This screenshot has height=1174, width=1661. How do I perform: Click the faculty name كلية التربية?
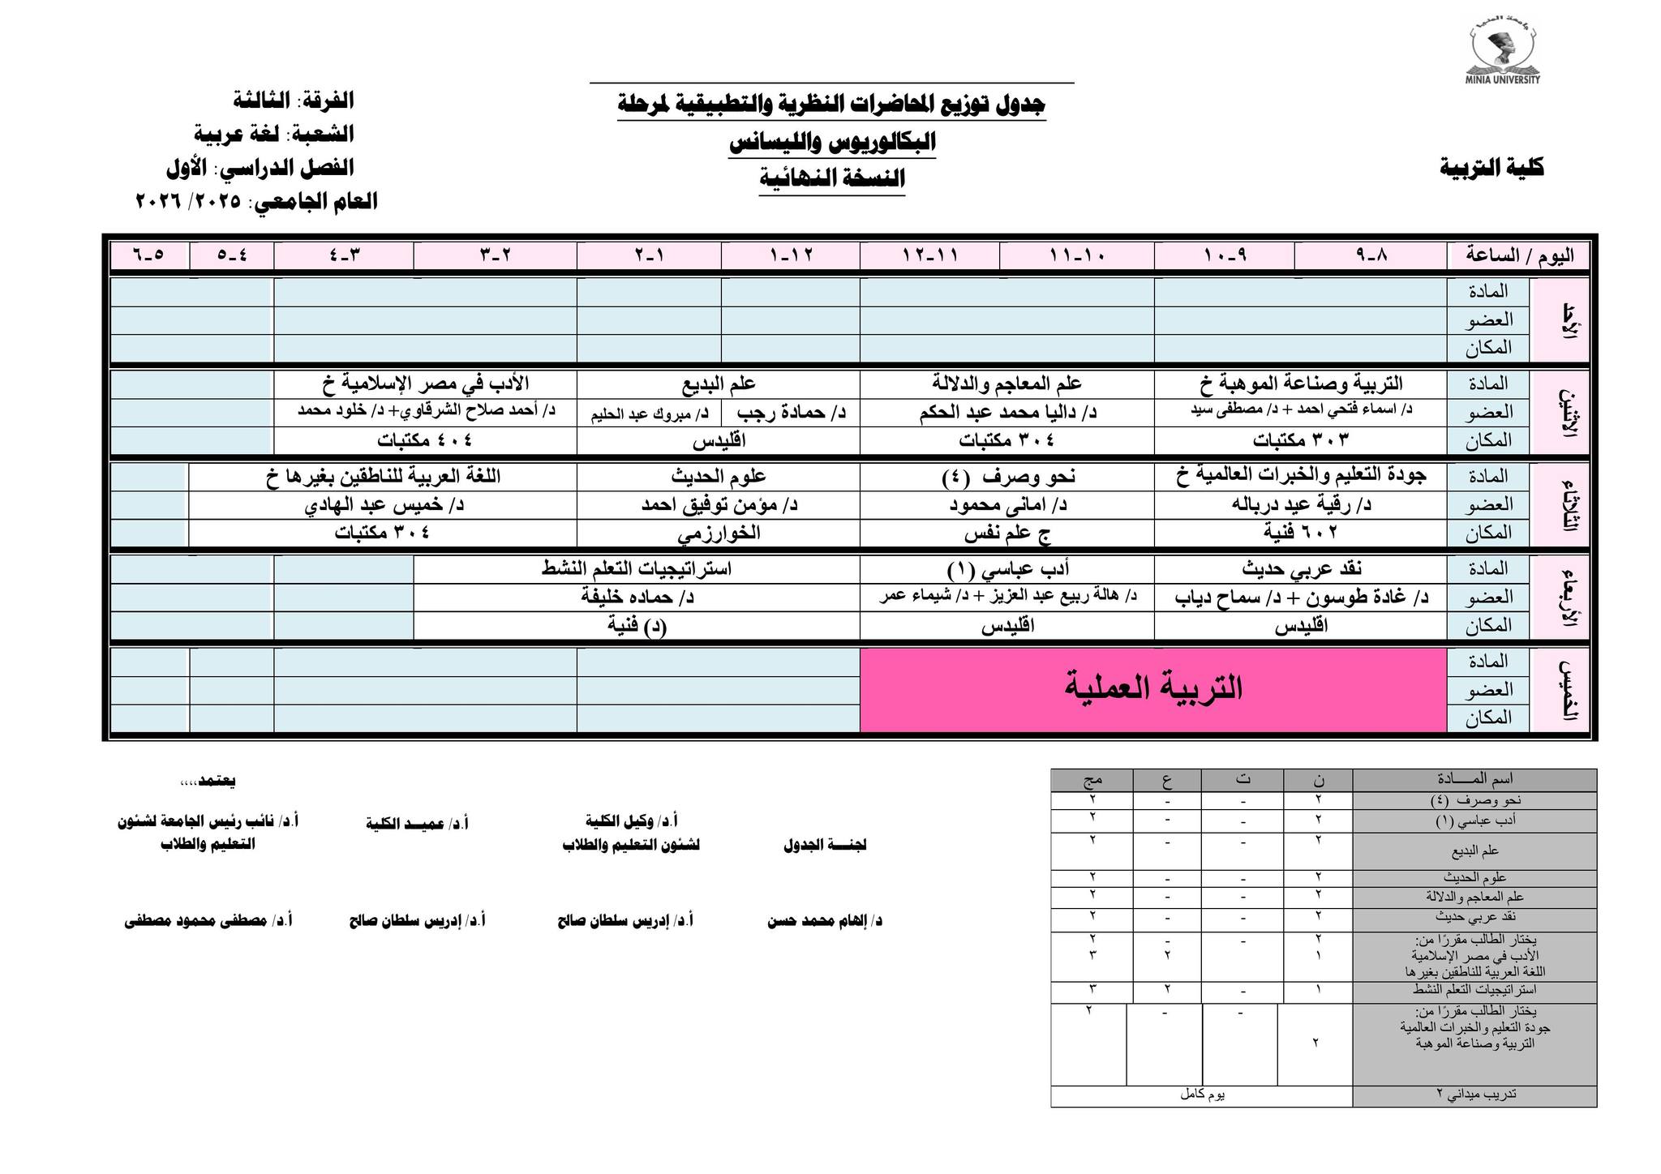pyautogui.click(x=1492, y=168)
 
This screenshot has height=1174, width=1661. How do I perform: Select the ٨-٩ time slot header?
pyautogui.click(x=1371, y=255)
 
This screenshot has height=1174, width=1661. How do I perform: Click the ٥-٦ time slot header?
pyautogui.click(x=149, y=255)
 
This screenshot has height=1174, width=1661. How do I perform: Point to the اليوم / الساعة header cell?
pyautogui.click(x=1518, y=255)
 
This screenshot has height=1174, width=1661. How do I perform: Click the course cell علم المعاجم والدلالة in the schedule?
pyautogui.click(x=1006, y=383)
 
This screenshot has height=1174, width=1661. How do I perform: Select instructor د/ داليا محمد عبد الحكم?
pyautogui.click(x=1006, y=412)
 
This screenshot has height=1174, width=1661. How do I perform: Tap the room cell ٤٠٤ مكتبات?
pyautogui.click(x=424, y=440)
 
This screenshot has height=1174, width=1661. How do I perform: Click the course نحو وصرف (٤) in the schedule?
pyautogui.click(x=1006, y=476)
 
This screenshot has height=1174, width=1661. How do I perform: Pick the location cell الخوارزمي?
pyautogui.click(x=718, y=533)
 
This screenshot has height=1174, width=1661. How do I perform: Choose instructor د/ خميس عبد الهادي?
pyautogui.click(x=383, y=504)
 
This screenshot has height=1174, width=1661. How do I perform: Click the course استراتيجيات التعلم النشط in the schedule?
pyautogui.click(x=637, y=568)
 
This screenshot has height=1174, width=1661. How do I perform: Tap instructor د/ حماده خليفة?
pyautogui.click(x=637, y=598)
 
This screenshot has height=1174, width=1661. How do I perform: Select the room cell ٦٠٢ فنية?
pyautogui.click(x=1300, y=533)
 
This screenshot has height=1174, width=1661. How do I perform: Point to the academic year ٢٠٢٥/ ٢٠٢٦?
pyautogui.click(x=188, y=201)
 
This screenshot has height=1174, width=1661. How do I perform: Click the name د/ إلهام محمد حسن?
pyautogui.click(x=824, y=921)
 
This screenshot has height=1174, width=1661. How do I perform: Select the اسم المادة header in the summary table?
pyautogui.click(x=1474, y=780)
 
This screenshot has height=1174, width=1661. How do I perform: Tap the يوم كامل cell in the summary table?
pyautogui.click(x=1201, y=1095)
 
